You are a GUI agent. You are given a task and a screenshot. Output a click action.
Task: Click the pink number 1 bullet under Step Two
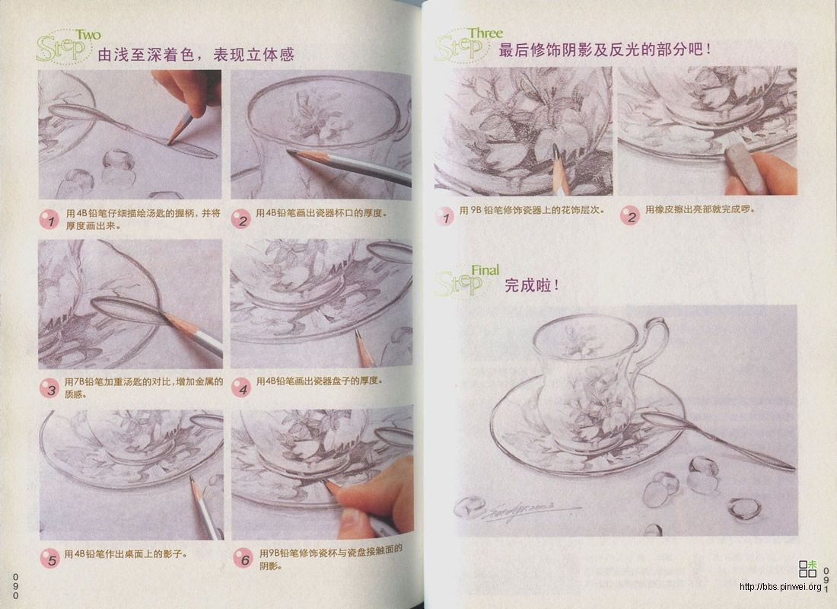[49, 220]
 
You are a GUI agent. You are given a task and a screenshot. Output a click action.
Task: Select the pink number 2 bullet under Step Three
[629, 215]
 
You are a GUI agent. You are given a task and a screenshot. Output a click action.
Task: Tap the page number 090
[14, 585]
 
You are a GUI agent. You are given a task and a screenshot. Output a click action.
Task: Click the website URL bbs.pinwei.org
[779, 587]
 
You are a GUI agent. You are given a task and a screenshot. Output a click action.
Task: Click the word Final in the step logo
[485, 269]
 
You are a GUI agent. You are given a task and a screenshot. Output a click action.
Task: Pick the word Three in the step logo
[485, 33]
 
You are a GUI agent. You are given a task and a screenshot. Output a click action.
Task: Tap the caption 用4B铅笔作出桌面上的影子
[126, 553]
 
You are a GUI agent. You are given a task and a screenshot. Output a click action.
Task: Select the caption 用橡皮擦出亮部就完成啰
[700, 209]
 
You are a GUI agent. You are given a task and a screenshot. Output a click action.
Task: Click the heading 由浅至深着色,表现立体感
[196, 55]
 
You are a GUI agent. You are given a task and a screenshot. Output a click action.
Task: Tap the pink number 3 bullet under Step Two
[49, 389]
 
